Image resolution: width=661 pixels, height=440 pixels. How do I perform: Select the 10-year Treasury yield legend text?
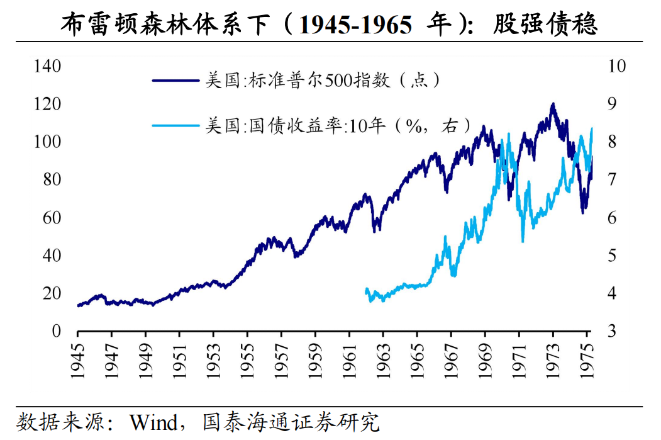click(x=337, y=125)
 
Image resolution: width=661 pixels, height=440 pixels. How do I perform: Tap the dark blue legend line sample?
click(x=175, y=80)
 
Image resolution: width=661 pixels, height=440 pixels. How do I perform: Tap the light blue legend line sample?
click(x=175, y=125)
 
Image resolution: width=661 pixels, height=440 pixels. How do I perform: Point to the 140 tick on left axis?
click(x=47, y=65)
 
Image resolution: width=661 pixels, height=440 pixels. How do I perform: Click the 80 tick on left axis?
click(x=52, y=179)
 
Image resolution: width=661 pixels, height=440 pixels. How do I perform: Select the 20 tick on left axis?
click(x=52, y=293)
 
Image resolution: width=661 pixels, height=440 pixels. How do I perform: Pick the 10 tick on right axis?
click(x=610, y=65)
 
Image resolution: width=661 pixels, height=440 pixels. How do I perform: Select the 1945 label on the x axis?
click(x=77, y=360)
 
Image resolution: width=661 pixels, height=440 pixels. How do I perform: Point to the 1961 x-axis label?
click(x=350, y=360)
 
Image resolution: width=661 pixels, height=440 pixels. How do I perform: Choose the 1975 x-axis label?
click(x=587, y=360)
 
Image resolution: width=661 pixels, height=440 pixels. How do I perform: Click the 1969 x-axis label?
click(x=486, y=360)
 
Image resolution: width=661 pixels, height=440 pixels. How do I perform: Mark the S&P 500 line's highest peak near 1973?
click(x=553, y=104)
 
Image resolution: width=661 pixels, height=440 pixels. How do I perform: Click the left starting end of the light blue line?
click(x=366, y=290)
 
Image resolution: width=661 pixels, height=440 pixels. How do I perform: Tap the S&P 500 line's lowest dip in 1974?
click(x=582, y=213)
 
